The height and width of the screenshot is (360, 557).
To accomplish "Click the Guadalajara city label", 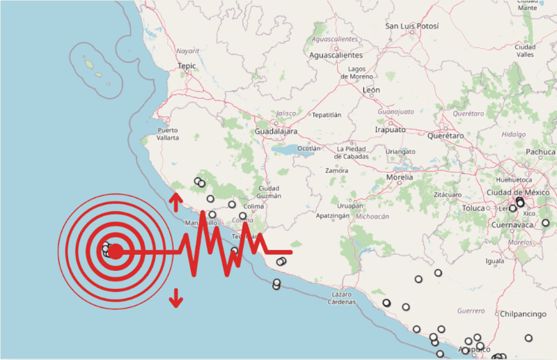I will [x=276, y=132].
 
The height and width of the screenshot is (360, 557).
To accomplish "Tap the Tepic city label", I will [x=187, y=66].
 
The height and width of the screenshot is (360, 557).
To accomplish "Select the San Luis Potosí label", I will [x=412, y=26].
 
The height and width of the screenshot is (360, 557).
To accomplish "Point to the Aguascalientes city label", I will [x=336, y=54].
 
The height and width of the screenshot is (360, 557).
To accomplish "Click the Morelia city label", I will [x=400, y=178].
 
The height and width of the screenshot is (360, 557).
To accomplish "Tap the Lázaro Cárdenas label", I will [x=339, y=298].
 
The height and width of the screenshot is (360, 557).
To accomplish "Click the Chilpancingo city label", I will [x=523, y=314].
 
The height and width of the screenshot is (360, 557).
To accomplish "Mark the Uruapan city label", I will [x=350, y=205].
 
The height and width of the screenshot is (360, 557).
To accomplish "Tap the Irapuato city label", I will [x=390, y=130].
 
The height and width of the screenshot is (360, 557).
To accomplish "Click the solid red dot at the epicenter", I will [x=116, y=251].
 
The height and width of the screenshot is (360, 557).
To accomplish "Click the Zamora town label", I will [x=337, y=171].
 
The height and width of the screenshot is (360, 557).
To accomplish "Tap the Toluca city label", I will [x=473, y=208].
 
